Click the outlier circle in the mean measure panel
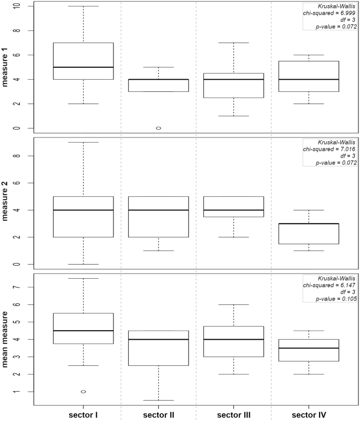tap(84, 392)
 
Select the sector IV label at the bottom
tap(308, 415)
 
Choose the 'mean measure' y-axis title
tap(7, 340)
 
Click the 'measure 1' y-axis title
tap(7, 67)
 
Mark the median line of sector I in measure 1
tap(84, 67)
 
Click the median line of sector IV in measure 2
tap(308, 224)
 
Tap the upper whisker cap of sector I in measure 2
tap(84, 142)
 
